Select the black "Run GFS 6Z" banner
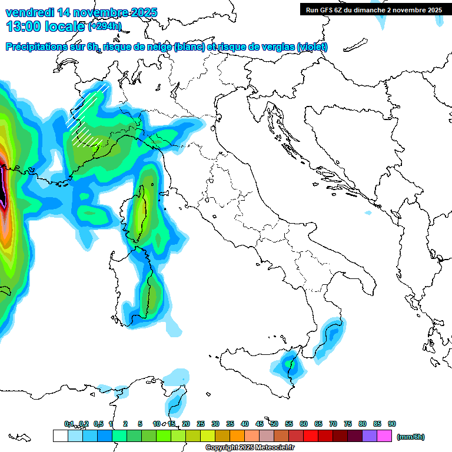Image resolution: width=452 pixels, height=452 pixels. click(374, 10)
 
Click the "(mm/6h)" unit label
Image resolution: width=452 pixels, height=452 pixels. click(410, 437)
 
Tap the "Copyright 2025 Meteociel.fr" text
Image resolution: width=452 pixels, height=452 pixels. click(250, 448)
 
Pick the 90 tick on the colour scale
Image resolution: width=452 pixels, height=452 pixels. click(392, 424)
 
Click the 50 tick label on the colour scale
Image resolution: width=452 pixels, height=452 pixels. click(274, 424)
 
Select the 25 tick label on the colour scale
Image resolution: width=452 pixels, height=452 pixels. click(201, 424)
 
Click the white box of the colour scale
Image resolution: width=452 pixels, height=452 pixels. click(60, 436)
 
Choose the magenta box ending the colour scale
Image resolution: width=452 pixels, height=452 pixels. click(384, 436)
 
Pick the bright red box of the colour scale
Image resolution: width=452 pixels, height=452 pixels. click(311, 436)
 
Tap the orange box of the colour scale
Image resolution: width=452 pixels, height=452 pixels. click(237, 436)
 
